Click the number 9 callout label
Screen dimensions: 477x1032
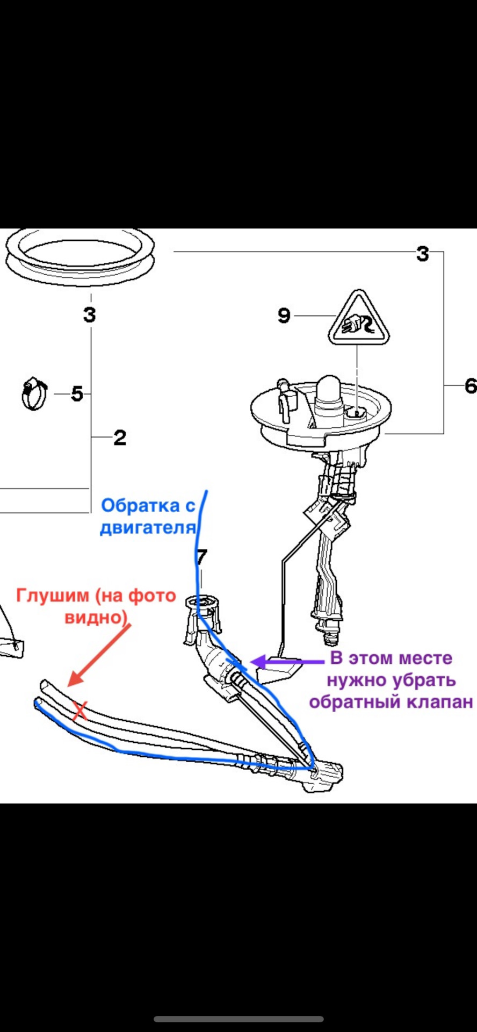[284, 315]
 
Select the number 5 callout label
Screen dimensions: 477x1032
[77, 394]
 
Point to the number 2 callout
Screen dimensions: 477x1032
[119, 438]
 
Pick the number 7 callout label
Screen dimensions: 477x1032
[201, 557]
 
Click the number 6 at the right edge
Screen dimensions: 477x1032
[470, 385]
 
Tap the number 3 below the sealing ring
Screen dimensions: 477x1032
[90, 314]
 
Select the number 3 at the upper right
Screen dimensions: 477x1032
[423, 254]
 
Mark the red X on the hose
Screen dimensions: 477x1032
[80, 711]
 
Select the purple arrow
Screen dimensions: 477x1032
[289, 661]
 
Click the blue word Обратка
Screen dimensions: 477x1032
[141, 506]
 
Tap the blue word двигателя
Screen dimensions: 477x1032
[148, 528]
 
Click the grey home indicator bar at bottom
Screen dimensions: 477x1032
[238, 1019]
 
